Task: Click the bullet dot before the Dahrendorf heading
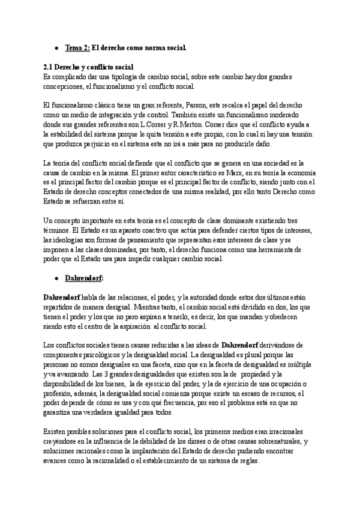56,279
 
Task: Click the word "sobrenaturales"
269,442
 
